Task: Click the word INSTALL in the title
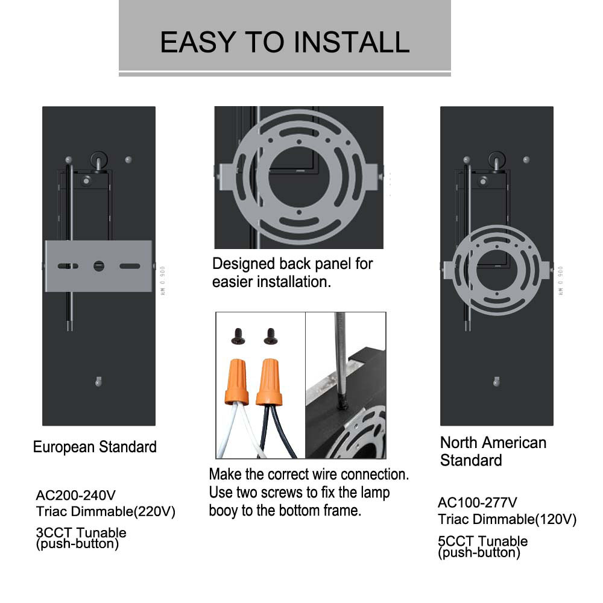click(349, 42)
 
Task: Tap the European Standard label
click(95, 447)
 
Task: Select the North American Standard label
click(493, 451)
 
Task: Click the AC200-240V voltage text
click(75, 496)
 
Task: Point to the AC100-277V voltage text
click(477, 502)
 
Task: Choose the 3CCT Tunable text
click(81, 532)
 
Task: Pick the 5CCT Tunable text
click(482, 541)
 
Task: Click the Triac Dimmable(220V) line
click(106, 512)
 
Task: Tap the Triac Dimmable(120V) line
click(507, 519)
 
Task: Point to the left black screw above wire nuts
click(238, 335)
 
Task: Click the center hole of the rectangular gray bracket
click(99, 266)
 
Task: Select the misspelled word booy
click(224, 511)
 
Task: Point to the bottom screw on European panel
click(99, 381)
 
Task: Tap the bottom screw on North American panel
click(497, 381)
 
